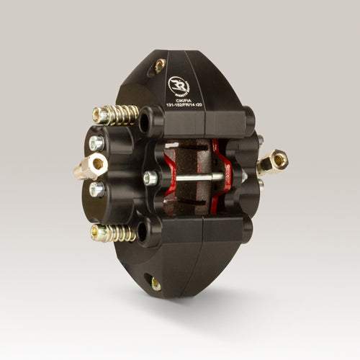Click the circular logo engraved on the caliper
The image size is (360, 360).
pyautogui.click(x=178, y=85)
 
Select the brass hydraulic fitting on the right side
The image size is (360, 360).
pyautogui.click(x=273, y=162)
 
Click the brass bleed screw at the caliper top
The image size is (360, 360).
pyautogui.click(x=159, y=66)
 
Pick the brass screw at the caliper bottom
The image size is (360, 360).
pyautogui.click(x=156, y=283)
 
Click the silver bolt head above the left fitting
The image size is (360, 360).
pyautogui.click(x=96, y=143)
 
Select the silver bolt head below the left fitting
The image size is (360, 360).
pyautogui.click(x=96, y=189)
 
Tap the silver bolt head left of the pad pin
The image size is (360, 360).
pyautogui.click(x=150, y=178)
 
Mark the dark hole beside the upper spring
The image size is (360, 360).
pyautogui.click(x=145, y=122)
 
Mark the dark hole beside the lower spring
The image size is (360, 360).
pyautogui.click(x=143, y=231)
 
